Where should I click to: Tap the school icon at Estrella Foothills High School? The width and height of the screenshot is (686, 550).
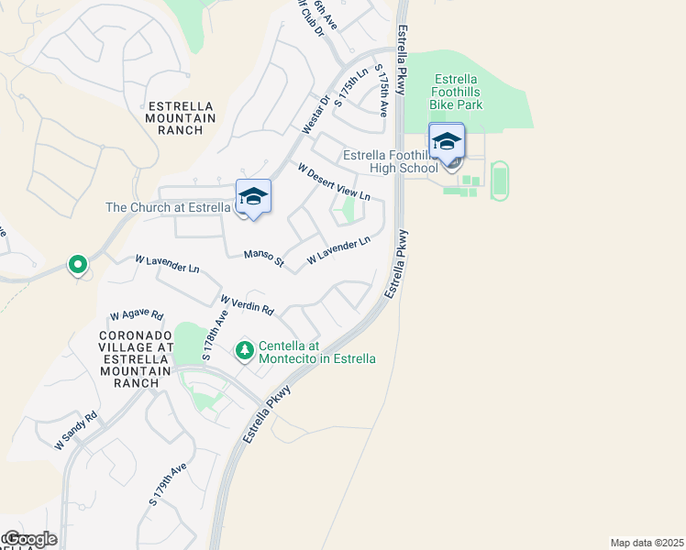(447, 142)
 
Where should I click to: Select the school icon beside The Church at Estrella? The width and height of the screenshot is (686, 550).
(253, 196)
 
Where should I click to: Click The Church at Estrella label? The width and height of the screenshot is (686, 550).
(168, 207)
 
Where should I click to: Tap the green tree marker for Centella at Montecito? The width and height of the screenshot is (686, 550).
(244, 349)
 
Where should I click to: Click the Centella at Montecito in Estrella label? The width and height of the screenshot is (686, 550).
(317, 352)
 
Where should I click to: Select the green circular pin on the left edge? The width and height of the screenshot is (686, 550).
(78, 265)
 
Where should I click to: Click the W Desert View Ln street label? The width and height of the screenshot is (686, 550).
(334, 181)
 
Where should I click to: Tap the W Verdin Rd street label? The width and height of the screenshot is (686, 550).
(248, 303)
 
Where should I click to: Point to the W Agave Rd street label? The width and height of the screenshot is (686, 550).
(136, 314)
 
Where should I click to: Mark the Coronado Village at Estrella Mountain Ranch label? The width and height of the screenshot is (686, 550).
(136, 358)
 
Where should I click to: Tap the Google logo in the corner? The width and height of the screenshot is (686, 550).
(29, 539)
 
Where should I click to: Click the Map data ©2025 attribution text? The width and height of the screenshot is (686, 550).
(647, 542)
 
